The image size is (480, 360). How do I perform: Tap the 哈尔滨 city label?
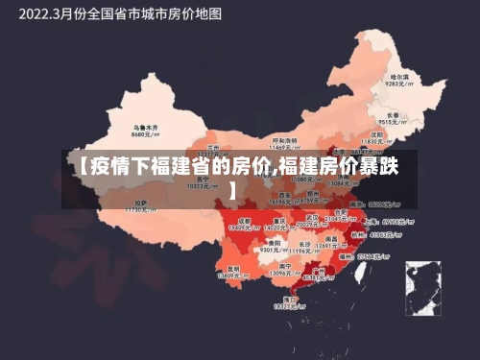[x=398, y=76]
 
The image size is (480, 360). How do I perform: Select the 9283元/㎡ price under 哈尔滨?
[x=398, y=84]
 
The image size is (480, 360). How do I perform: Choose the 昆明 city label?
[x=232, y=268]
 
